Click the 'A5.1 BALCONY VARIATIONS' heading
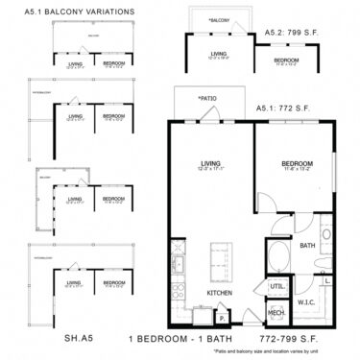[x=69, y=12]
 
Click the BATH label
[x=308, y=246]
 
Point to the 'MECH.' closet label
[x=276, y=313]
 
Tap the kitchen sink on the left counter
[x=178, y=261]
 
